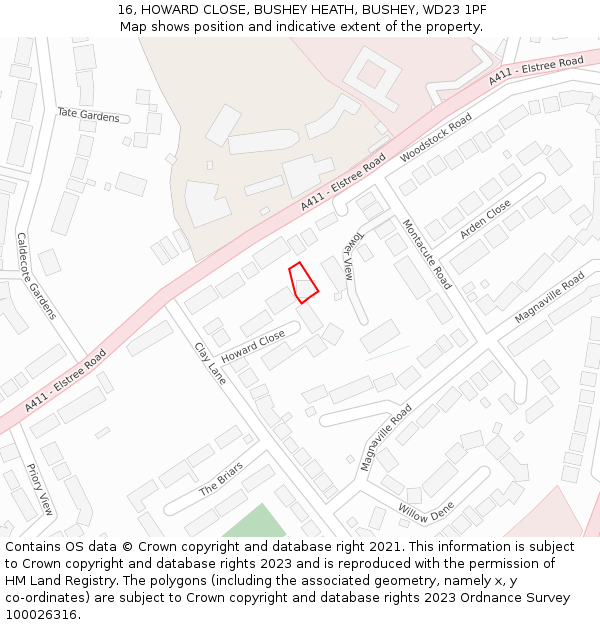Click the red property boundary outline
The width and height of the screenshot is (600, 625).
(x=303, y=282)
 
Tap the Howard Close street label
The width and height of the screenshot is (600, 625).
(x=253, y=347)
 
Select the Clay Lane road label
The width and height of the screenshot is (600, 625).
(x=210, y=363)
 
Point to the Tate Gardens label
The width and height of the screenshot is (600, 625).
(x=88, y=116)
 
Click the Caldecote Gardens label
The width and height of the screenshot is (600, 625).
(x=36, y=276)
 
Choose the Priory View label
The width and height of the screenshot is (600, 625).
(x=39, y=489)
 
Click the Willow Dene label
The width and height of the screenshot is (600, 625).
(x=426, y=512)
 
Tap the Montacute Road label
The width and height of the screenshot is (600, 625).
(x=427, y=254)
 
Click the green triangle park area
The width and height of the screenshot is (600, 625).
(x=255, y=523)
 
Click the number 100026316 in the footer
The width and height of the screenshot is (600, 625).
(x=41, y=614)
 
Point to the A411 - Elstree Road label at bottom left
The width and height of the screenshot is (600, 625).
(x=66, y=381)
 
